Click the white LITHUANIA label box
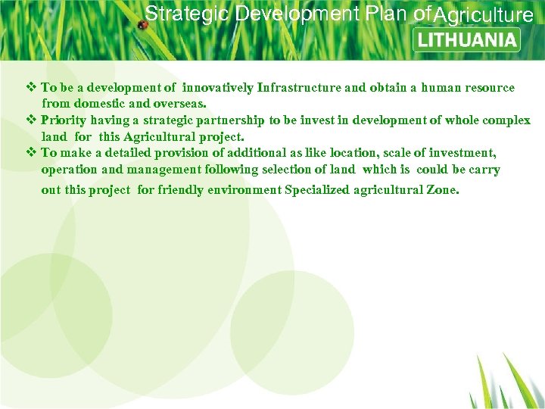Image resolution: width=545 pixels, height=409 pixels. [x=467, y=39]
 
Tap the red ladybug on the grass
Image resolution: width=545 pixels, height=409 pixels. [x=142, y=25]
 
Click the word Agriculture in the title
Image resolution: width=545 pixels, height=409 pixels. [x=484, y=14]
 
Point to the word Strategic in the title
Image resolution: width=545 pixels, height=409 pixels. [x=187, y=14]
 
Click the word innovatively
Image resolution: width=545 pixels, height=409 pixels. [x=218, y=88]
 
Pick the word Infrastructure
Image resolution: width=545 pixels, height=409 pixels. [x=299, y=88]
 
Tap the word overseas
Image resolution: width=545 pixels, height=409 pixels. [x=182, y=103]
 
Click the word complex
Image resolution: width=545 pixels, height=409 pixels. [x=507, y=120]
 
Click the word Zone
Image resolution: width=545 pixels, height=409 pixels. [x=442, y=189]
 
